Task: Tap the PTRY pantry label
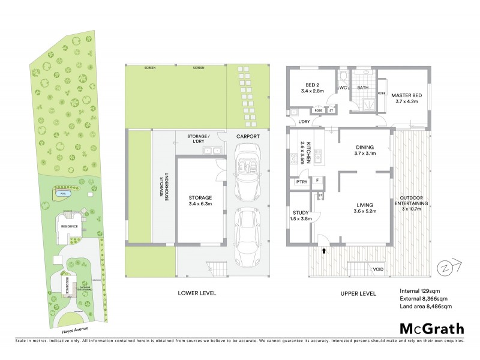[301, 181]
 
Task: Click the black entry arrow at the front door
[325, 251]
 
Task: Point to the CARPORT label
[248, 137]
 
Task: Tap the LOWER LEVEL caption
[196, 293]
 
